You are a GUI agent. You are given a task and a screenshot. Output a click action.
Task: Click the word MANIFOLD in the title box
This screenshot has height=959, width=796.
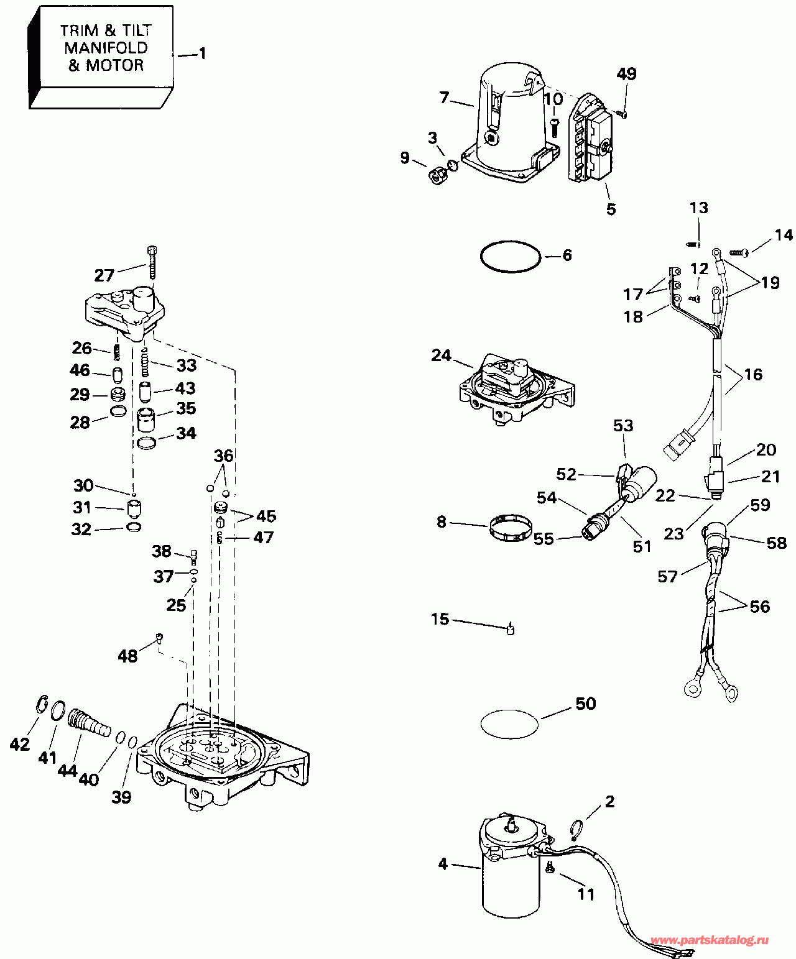pyautogui.click(x=106, y=48)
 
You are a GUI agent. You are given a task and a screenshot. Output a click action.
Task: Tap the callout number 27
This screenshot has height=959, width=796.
pyautogui.click(x=104, y=275)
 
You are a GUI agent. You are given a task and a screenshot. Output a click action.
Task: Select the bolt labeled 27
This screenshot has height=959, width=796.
pyautogui.click(x=152, y=262)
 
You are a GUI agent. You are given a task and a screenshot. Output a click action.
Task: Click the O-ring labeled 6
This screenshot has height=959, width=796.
pyautogui.click(x=510, y=256)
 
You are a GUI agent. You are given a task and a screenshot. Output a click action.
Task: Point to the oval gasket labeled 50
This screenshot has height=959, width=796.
pyautogui.click(x=509, y=724)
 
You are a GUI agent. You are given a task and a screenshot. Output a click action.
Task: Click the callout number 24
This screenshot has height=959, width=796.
pyautogui.click(x=441, y=356)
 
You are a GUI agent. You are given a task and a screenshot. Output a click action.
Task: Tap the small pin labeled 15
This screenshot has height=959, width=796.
pyautogui.click(x=511, y=630)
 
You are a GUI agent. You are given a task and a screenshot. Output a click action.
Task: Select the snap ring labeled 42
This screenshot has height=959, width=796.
pyautogui.click(x=42, y=706)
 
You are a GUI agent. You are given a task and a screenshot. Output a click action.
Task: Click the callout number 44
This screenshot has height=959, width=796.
pyautogui.click(x=67, y=771)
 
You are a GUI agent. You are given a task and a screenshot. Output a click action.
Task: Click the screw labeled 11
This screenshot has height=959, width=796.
pyautogui.click(x=550, y=868)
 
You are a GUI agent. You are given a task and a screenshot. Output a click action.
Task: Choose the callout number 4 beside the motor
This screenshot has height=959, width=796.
pyautogui.click(x=443, y=864)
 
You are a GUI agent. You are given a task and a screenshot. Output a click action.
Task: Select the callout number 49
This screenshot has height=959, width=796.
pyautogui.click(x=626, y=74)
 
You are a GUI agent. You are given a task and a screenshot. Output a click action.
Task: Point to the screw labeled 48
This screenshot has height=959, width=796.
pyautogui.click(x=159, y=637)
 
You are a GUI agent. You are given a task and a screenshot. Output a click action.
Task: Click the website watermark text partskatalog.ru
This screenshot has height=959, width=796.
pyautogui.click(x=708, y=940)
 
